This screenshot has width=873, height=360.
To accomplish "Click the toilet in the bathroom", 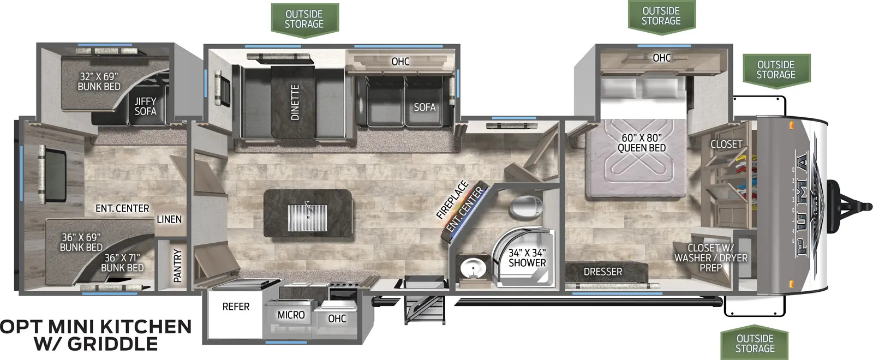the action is pyautogui.click(x=526, y=208).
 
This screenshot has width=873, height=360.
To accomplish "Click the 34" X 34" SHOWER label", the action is pyautogui.click(x=527, y=258).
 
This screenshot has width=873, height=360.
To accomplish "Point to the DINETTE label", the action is pyautogui.click(x=295, y=102).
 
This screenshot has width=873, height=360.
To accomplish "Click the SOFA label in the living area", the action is pyautogui.click(x=424, y=107).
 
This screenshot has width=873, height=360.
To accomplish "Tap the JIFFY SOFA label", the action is pyautogui.click(x=145, y=106).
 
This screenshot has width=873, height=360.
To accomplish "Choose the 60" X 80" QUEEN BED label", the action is pyautogui.click(x=642, y=142).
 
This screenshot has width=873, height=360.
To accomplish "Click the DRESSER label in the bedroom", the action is pyautogui.click(x=602, y=272).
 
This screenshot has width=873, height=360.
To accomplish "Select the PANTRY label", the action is pyautogui.click(x=177, y=266).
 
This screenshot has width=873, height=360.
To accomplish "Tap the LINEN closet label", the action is pyautogui.click(x=169, y=219).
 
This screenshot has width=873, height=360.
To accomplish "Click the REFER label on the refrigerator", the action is pyautogui.click(x=236, y=307).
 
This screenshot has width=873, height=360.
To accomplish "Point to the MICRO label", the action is pyautogui.click(x=291, y=315).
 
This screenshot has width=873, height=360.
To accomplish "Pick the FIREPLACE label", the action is pyautogui.click(x=452, y=200).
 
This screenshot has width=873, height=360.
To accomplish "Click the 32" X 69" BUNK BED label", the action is pyautogui.click(x=99, y=81).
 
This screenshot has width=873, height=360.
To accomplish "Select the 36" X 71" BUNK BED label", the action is pyautogui.click(x=122, y=262).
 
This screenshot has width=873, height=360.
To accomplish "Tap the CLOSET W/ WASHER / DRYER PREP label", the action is pyautogui.click(x=711, y=257).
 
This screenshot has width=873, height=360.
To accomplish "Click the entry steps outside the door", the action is pyautogui.click(x=425, y=310).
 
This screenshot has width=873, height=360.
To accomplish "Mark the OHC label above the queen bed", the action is pyautogui.click(x=662, y=58).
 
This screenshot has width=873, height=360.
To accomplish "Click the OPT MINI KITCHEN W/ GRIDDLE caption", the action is pyautogui.click(x=96, y=335).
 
